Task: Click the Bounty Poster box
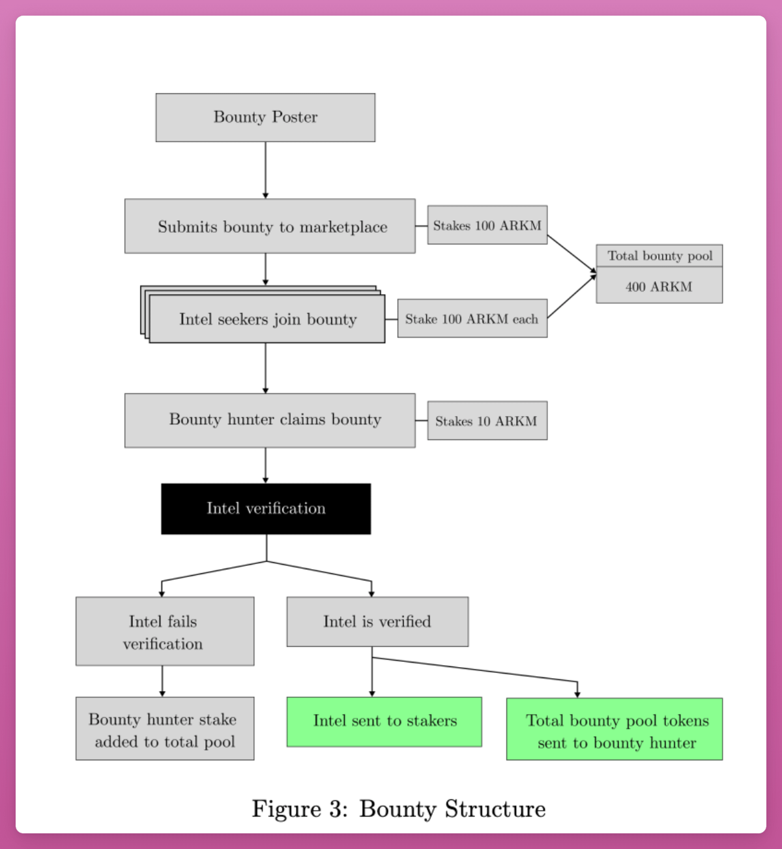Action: click(265, 117)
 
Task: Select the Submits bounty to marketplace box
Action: click(270, 226)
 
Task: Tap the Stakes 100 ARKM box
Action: click(487, 225)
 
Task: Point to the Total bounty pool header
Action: click(659, 256)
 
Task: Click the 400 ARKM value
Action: click(659, 286)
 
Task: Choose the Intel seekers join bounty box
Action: click(267, 319)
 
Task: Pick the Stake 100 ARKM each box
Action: click(472, 319)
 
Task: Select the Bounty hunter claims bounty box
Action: click(270, 420)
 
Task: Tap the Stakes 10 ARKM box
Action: click(487, 421)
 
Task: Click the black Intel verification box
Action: click(266, 509)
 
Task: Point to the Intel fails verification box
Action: click(164, 631)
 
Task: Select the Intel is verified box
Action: click(377, 621)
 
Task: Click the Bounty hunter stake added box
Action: click(164, 728)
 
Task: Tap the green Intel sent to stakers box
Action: click(384, 721)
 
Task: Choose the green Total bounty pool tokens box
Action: click(615, 729)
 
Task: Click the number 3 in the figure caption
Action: click(336, 809)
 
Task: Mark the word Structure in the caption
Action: click(495, 809)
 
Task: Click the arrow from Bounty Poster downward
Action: click(265, 170)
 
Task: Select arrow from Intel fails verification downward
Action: click(162, 681)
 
